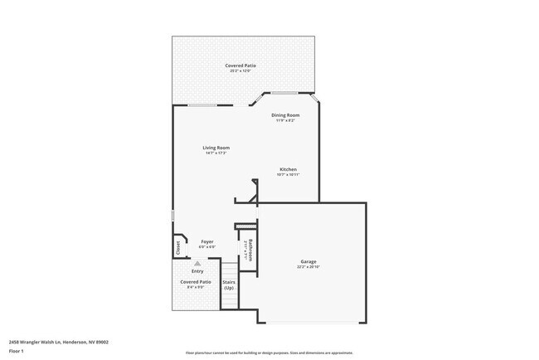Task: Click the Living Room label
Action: pyautogui.click(x=216, y=148)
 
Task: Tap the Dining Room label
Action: pyautogui.click(x=285, y=114)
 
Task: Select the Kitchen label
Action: pyautogui.click(x=288, y=169)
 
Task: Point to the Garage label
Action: pyautogui.click(x=308, y=261)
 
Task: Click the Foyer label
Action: pyautogui.click(x=207, y=241)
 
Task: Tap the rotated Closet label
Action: pyautogui.click(x=177, y=247)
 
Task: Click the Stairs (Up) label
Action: pyautogui.click(x=229, y=285)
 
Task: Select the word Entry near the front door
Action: pyautogui.click(x=197, y=270)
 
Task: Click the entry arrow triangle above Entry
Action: pyautogui.click(x=197, y=263)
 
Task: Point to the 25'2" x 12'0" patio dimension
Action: pyautogui.click(x=240, y=71)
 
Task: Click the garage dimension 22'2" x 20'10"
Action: pyautogui.click(x=308, y=267)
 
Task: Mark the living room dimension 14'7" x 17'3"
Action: pyautogui.click(x=216, y=153)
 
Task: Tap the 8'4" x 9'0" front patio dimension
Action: pyautogui.click(x=196, y=287)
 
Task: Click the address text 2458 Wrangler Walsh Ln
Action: pyautogui.click(x=58, y=341)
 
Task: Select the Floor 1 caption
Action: pyautogui.click(x=17, y=351)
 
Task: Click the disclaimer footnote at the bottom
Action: pyautogui.click(x=269, y=353)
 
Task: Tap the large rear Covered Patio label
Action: pyautogui.click(x=240, y=65)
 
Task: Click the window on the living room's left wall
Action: pyautogui.click(x=172, y=215)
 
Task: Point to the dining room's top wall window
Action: pyautogui.click(x=286, y=91)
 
